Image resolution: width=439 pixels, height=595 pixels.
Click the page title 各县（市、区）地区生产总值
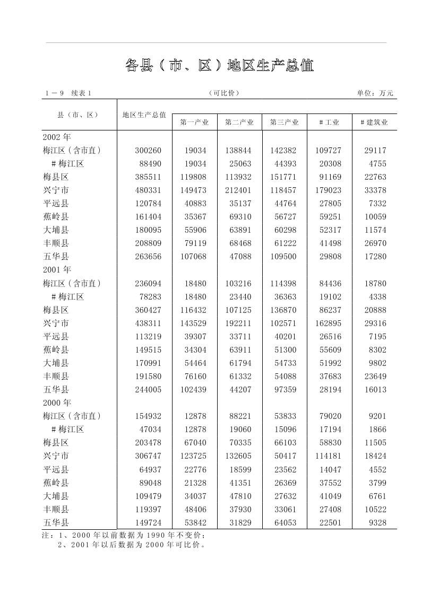[219, 65]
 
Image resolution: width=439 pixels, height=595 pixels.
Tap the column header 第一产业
[194, 122]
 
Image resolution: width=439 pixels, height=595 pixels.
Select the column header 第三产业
[284, 122]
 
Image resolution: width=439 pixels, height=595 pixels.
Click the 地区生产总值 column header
[144, 115]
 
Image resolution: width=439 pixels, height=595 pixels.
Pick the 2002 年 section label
[57, 137]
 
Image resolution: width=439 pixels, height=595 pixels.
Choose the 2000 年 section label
[57, 402]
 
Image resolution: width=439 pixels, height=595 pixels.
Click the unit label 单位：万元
[375, 93]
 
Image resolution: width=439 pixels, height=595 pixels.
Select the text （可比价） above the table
[224, 93]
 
